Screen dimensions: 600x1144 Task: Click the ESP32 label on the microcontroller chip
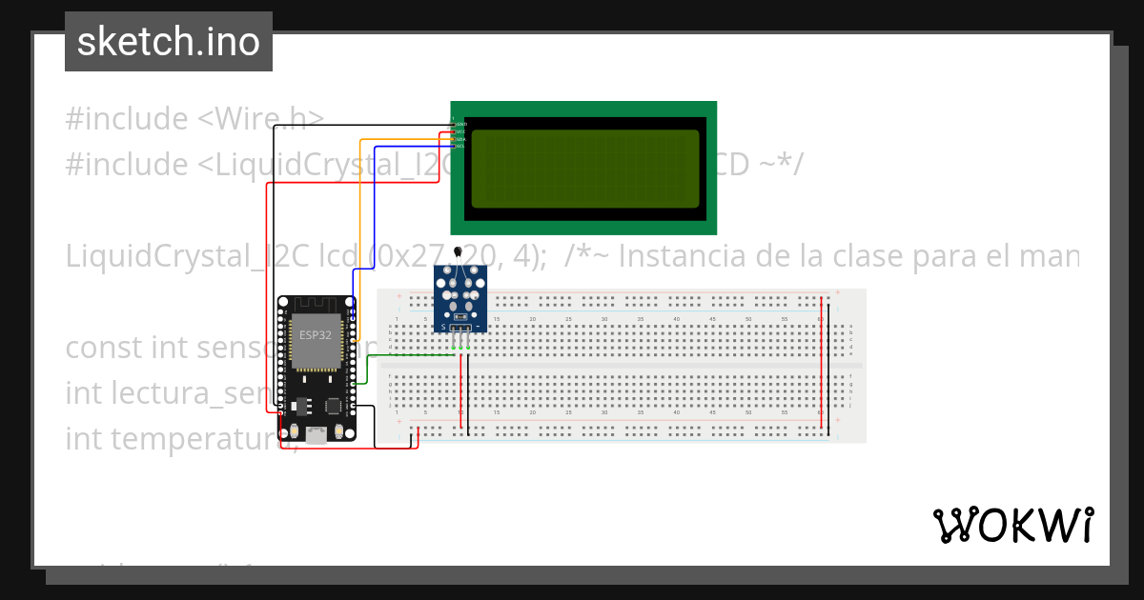coord(317,334)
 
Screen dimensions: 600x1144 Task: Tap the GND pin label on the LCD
coord(461,125)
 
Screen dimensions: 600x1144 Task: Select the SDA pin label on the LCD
coord(460,139)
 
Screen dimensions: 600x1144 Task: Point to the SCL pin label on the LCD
coord(460,147)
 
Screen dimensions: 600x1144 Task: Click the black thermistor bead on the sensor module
coord(460,252)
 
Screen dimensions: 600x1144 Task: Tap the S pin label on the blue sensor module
coord(444,328)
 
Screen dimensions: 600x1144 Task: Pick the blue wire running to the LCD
coord(376,210)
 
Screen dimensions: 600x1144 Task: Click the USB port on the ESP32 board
coord(315,437)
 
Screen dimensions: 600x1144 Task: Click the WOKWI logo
coord(1012,525)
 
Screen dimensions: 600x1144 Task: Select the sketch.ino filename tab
coord(169,42)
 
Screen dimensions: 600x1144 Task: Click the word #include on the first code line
coord(127,119)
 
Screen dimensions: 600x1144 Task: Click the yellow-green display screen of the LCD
coord(584,169)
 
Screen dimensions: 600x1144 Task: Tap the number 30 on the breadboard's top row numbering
coord(604,318)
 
